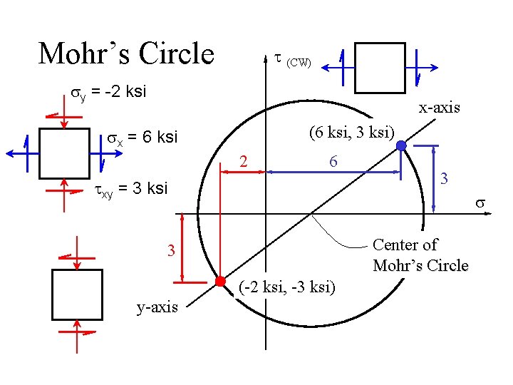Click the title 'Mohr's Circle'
[x=126, y=53]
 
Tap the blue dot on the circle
[x=401, y=145]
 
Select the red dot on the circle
[x=221, y=279]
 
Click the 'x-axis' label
[x=439, y=108]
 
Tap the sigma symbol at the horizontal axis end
[x=481, y=204]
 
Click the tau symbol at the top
[x=278, y=58]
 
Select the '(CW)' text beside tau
[x=299, y=63]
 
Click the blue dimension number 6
[x=333, y=163]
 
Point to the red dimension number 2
[x=243, y=163]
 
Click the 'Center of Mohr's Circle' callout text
[x=420, y=255]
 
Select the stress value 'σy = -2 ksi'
[x=106, y=92]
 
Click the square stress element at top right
[x=379, y=67]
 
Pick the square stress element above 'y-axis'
[x=77, y=294]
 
